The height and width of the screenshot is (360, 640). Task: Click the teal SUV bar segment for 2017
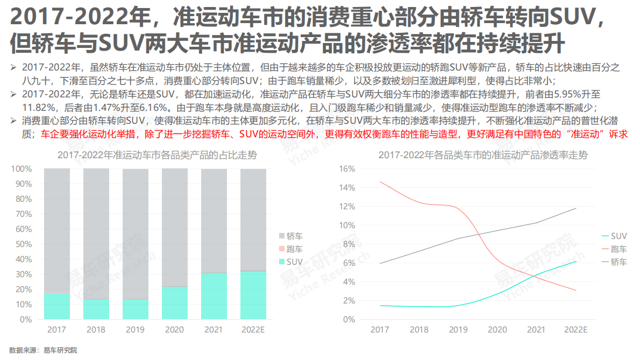tap(57, 306)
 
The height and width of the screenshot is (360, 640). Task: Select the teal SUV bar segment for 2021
tap(214, 296)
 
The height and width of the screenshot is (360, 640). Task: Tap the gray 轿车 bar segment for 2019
tap(135, 234)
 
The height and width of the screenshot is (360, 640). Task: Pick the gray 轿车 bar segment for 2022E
tap(253, 220)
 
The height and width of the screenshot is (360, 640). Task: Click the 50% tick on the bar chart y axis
tap(22, 244)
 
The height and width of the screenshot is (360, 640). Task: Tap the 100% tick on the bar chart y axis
tap(22, 169)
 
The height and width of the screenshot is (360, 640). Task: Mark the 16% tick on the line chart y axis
tap(347, 169)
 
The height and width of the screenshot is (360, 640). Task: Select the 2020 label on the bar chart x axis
tap(174, 329)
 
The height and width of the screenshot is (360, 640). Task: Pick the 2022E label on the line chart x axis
tap(575, 329)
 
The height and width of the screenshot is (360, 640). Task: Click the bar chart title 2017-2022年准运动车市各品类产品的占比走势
tap(157, 156)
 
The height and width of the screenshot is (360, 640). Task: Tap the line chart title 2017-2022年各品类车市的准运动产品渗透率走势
tap(483, 156)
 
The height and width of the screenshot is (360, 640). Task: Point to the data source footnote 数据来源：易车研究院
tap(44, 350)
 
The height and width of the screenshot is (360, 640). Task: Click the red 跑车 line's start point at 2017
tap(380, 182)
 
